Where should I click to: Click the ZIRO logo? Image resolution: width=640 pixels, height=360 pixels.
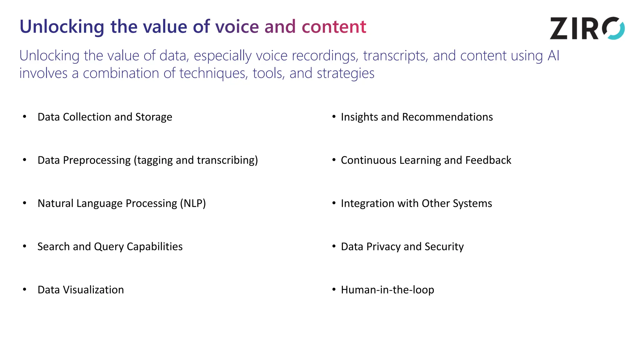click(587, 28)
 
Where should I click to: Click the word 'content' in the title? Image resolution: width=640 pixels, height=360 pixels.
click(334, 27)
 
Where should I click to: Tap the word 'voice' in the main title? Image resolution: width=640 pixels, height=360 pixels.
click(237, 27)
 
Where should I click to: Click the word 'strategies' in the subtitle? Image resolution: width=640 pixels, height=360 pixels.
click(345, 73)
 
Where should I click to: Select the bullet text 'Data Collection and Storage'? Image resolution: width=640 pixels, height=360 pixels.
click(105, 117)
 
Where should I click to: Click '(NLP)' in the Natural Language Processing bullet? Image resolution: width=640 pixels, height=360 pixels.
click(193, 203)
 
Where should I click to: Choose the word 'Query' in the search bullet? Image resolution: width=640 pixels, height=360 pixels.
click(109, 247)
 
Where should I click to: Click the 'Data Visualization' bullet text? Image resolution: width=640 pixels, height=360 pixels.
click(81, 290)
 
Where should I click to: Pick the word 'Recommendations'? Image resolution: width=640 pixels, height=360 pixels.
click(447, 117)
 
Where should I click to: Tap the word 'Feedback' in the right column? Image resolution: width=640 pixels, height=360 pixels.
click(488, 160)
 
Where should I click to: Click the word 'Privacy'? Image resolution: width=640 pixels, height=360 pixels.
click(383, 247)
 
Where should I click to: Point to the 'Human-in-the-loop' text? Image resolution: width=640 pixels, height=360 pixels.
click(387, 290)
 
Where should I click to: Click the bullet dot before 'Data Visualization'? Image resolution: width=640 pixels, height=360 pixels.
click(25, 289)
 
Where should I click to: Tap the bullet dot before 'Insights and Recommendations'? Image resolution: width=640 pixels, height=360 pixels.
click(334, 117)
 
